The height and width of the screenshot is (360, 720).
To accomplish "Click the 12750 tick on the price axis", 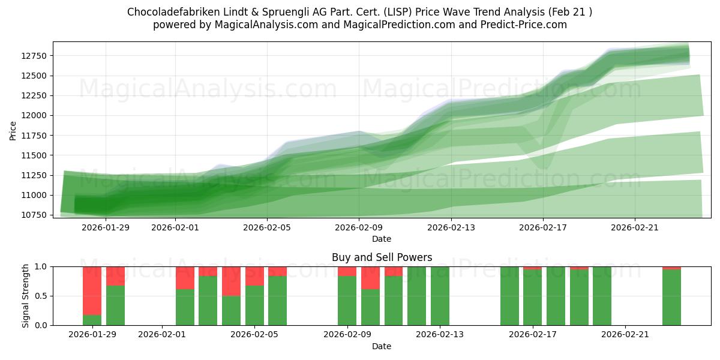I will pos(35,56).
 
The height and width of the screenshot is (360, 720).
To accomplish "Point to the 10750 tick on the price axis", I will pos(35,215).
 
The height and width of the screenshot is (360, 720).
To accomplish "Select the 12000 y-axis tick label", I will pos(35,115).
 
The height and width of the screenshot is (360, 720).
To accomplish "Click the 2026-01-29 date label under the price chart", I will pos(106,227).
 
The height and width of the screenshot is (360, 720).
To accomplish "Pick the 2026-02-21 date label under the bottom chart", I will pos(625,334).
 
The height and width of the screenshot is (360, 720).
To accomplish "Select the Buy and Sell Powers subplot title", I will pos(382,257).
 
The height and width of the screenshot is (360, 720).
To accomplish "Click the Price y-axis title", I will pos(13,130).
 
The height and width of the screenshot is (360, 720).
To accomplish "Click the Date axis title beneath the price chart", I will pos(382,239).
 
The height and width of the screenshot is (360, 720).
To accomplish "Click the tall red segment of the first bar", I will pos(92,290).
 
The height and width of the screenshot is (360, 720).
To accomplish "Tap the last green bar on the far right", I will pos(671,298).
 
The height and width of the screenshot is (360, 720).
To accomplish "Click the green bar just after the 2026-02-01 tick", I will pos(185,307).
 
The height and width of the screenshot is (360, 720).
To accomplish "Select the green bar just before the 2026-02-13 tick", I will pos(440,296).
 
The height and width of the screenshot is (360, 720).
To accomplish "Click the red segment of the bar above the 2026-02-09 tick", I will pos(347,271).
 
